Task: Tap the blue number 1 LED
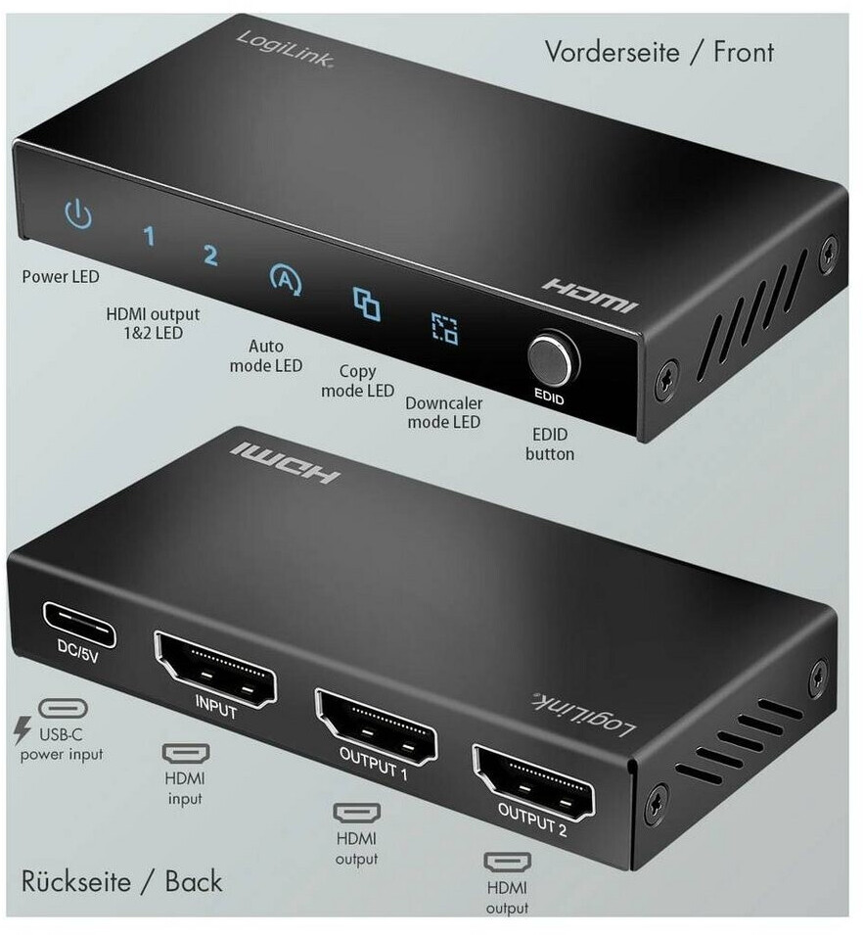click(x=149, y=236)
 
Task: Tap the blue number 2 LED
click(x=209, y=256)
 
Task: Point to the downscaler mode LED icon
click(x=444, y=329)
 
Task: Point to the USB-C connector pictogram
click(x=63, y=709)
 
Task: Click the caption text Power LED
click(x=61, y=277)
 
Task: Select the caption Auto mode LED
click(x=265, y=355)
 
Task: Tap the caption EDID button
click(x=549, y=444)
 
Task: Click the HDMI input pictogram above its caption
click(x=185, y=755)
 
